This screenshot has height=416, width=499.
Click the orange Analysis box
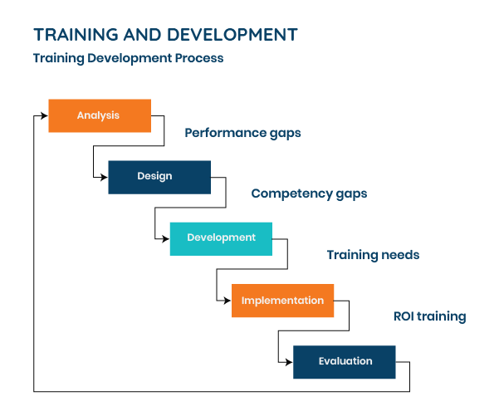(100, 115)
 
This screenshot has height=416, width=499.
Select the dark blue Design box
(159, 178)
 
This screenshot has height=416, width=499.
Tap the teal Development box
(221, 238)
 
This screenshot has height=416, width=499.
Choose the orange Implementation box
(282, 301)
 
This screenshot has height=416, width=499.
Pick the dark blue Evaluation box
(345, 362)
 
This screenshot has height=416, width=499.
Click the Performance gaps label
(242, 133)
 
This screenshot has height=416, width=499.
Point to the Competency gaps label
(309, 193)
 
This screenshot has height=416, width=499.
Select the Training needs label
(373, 255)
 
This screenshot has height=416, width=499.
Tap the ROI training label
(429, 316)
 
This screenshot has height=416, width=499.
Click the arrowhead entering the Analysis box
(45, 115)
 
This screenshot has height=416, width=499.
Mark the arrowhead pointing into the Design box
(105, 178)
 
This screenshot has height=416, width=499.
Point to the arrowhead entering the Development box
(166, 238)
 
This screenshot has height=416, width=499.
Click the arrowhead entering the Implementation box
(227, 301)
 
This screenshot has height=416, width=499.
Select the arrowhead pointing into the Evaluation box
(289, 362)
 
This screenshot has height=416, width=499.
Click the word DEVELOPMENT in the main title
(232, 35)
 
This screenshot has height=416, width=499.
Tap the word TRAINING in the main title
(76, 35)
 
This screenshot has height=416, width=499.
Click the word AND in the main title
(143, 35)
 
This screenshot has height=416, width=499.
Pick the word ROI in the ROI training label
(404, 316)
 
